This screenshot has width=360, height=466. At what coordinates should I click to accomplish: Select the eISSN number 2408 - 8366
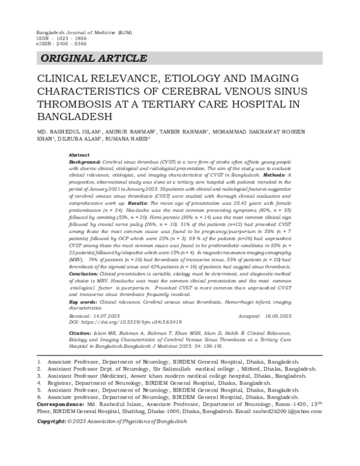(x=68, y=43)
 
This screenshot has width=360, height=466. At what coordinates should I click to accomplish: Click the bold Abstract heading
(x=80, y=154)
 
